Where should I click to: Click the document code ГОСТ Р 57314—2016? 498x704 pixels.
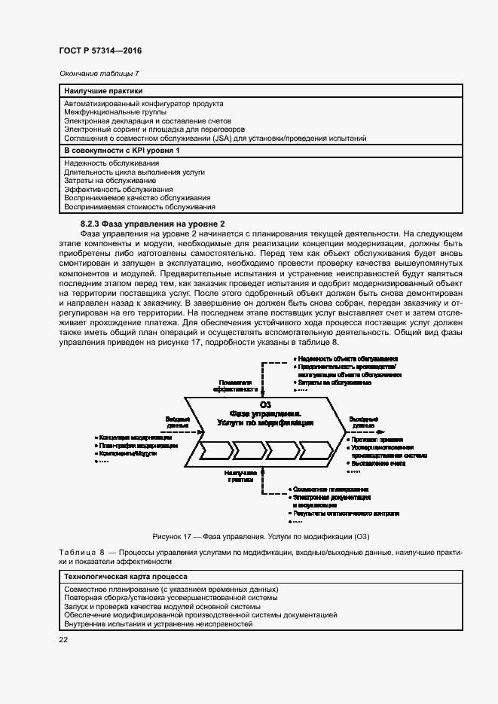[99, 50]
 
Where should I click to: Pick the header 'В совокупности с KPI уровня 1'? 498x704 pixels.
[122, 151]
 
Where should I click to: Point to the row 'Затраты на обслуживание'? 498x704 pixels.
[110, 181]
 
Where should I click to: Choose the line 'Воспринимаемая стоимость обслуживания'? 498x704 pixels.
[139, 206]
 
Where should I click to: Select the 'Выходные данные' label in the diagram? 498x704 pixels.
[364, 421]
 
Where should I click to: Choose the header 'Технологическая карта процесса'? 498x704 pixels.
[121, 576]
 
